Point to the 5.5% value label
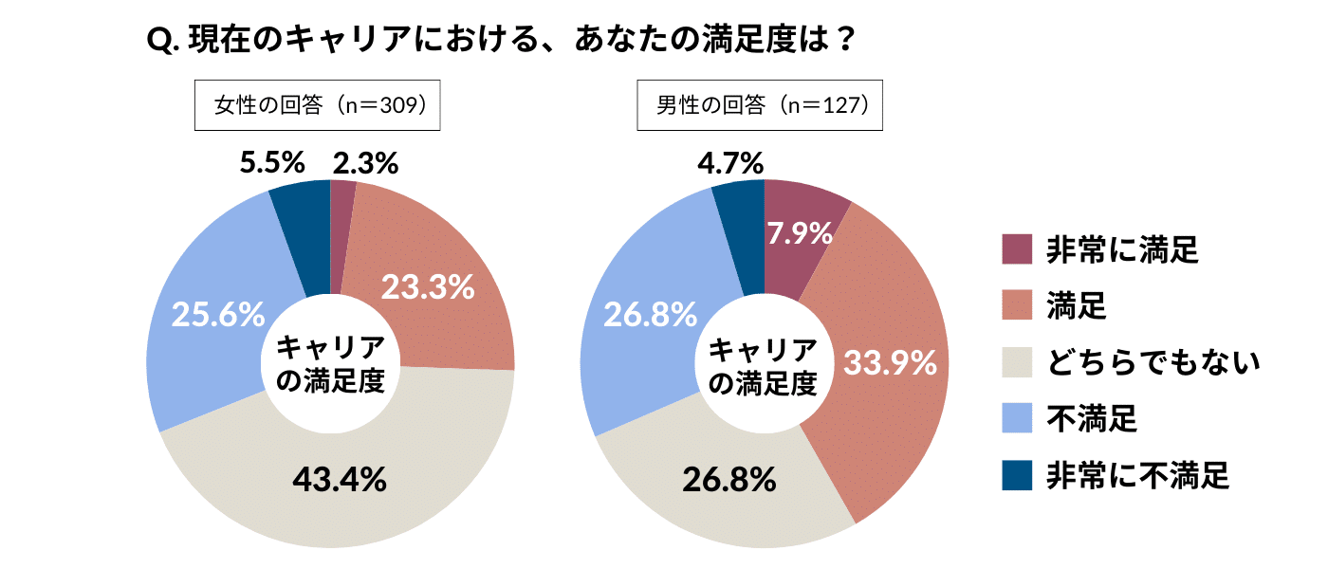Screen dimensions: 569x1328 click(271, 163)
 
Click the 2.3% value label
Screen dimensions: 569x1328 click(365, 163)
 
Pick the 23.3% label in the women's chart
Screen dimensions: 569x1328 click(427, 286)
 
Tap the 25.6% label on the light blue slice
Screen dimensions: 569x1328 click(217, 315)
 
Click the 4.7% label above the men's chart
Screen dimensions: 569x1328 click(729, 163)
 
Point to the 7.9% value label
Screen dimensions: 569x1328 click(800, 231)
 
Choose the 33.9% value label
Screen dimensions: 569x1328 click(890, 362)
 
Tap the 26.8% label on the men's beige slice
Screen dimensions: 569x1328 click(729, 480)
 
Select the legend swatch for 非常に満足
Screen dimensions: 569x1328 click(1017, 250)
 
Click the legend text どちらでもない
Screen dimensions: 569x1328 click(1152, 361)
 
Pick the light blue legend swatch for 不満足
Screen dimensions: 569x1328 click(1017, 417)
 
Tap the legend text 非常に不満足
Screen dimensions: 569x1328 click(1137, 474)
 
